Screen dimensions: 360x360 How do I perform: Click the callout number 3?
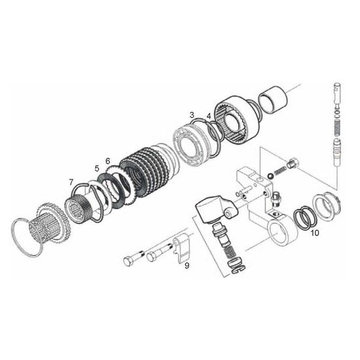pos(192,115)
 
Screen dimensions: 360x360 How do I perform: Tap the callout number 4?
pos(208,116)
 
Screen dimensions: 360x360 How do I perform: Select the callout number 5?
pos(97,168)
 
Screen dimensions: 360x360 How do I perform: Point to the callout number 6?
pos(108,161)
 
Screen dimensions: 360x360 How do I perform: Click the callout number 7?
pos(71,183)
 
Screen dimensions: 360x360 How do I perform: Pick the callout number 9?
pos(187,266)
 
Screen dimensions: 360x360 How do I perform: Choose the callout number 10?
pos(315,233)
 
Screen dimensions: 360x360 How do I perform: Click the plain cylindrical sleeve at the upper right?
pos(273,99)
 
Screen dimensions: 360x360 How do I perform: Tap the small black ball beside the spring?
pos(270,176)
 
